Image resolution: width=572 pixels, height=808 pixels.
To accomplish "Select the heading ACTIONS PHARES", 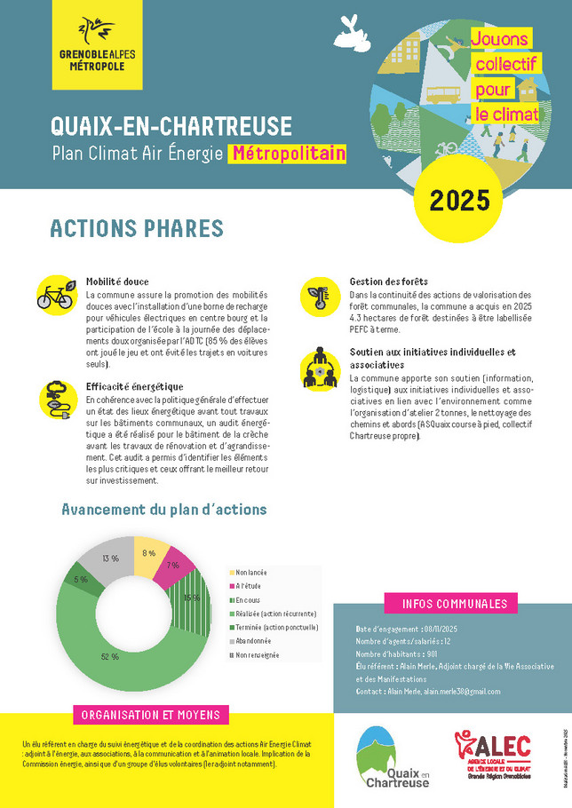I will [x=136, y=228].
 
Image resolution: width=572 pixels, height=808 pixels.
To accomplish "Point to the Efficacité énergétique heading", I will [x=135, y=386].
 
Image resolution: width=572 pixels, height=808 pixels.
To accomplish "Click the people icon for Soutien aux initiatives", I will [x=318, y=368].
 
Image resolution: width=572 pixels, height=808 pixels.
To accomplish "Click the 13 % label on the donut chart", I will [x=111, y=558].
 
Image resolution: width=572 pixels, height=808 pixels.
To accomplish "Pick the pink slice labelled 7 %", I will [x=173, y=566].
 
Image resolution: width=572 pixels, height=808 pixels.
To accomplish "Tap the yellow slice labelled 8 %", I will [x=148, y=552].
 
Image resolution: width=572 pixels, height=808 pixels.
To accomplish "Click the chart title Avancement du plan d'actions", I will [x=163, y=510].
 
